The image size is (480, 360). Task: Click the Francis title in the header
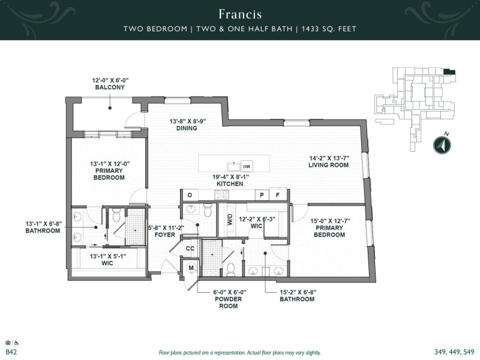click(240, 14)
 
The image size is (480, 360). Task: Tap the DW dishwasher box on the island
click(247, 167)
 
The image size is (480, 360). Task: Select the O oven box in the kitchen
click(190, 195)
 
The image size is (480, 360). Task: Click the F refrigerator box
click(278, 195)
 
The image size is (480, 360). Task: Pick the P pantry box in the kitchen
click(262, 195)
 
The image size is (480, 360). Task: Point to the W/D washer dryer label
click(230, 220)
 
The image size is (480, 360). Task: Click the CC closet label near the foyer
click(190, 248)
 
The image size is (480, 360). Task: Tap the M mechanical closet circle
click(191, 268)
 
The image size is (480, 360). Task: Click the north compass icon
click(442, 145)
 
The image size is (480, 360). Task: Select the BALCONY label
click(110, 87)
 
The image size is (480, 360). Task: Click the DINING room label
click(187, 128)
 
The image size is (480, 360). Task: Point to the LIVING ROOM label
click(328, 166)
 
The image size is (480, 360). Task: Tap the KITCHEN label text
click(230, 184)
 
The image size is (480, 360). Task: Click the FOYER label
click(164, 235)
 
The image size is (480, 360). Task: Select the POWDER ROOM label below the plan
click(229, 302)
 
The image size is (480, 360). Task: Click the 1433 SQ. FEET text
click(329, 29)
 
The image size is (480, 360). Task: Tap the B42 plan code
click(11, 352)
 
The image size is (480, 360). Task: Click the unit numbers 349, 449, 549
click(454, 352)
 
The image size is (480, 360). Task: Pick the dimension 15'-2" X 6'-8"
click(298, 292)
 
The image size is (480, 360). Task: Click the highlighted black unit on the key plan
click(449, 72)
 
